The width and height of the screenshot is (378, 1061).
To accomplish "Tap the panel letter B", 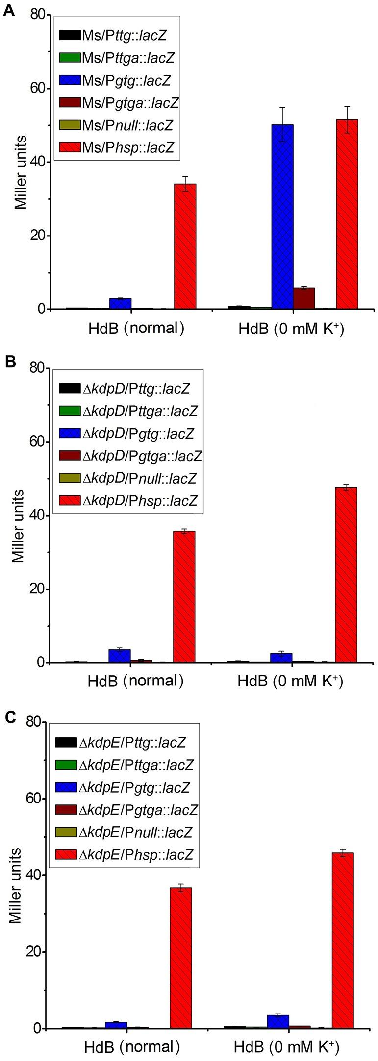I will pyautogui.click(x=9, y=362).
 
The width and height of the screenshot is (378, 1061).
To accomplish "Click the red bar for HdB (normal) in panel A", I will pyautogui.click(x=185, y=246).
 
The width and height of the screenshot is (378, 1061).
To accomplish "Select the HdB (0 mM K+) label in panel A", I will pyautogui.click(x=291, y=329).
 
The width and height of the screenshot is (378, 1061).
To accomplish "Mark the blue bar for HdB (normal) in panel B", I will pyautogui.click(x=119, y=656).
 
